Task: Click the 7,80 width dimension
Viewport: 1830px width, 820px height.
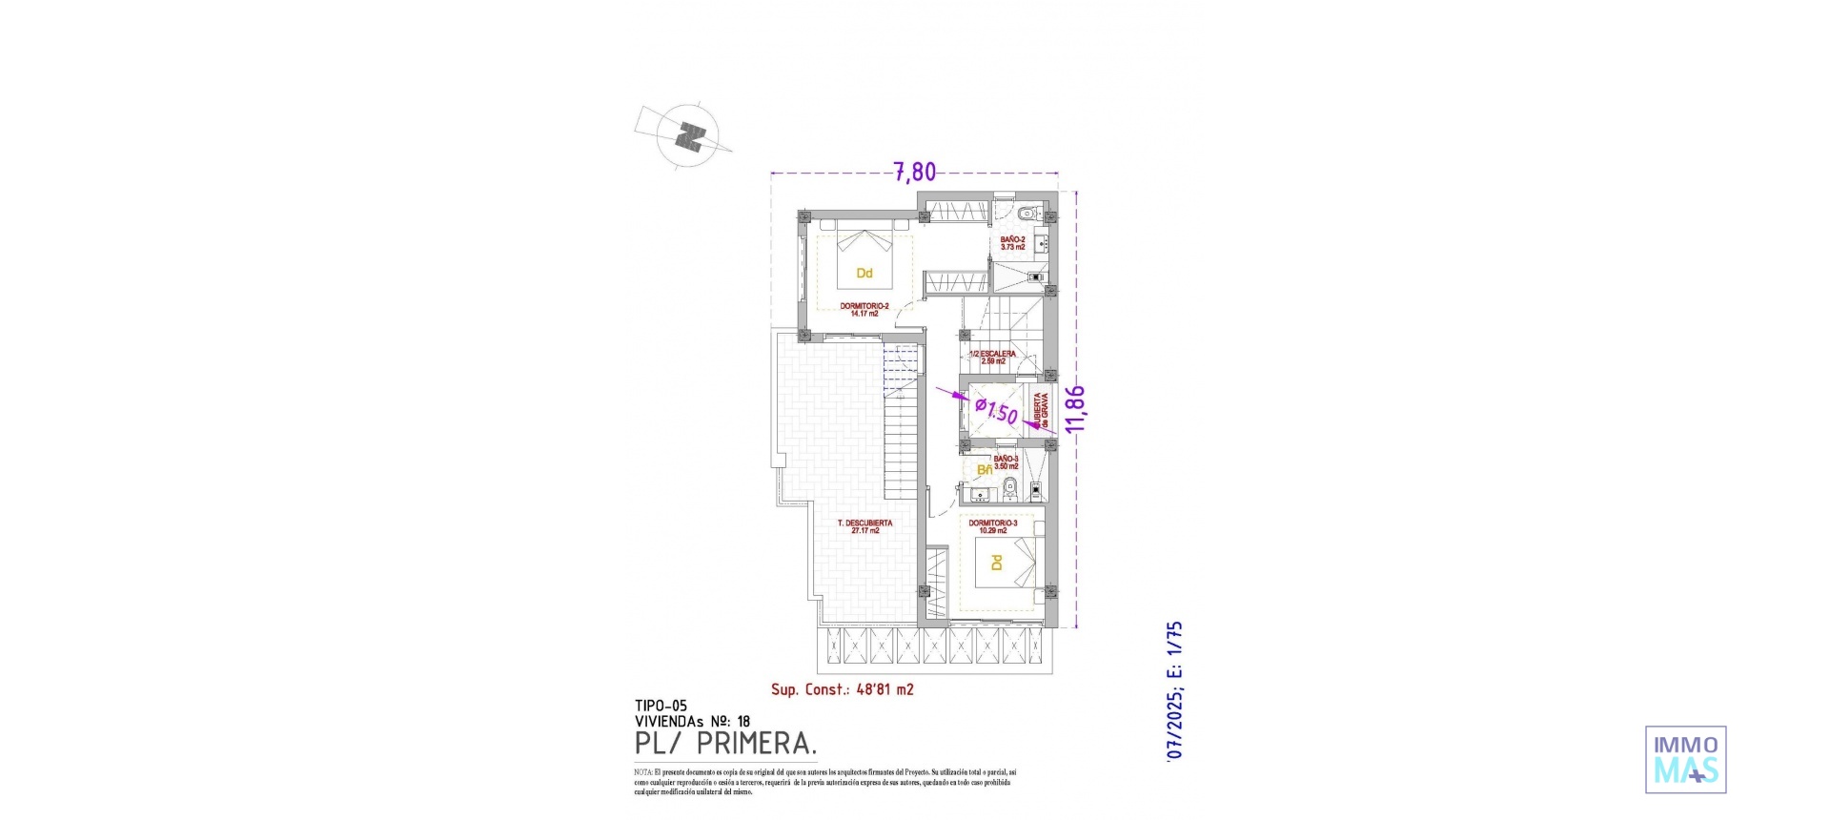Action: coord(914,173)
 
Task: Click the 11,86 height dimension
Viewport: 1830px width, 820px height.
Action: coord(1076,409)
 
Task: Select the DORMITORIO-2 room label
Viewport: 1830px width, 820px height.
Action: coord(864,309)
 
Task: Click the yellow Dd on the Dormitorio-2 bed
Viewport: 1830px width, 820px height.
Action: coord(864,274)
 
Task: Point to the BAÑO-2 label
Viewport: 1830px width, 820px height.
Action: coord(1013,243)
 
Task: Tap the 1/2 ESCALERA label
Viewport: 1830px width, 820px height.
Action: coord(992,358)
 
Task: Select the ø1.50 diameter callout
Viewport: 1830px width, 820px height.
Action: coord(996,412)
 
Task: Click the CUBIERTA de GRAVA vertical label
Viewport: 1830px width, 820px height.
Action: coord(1041,410)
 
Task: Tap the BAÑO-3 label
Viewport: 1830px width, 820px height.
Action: coord(1006,462)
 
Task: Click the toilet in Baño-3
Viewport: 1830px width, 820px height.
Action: coord(1012,491)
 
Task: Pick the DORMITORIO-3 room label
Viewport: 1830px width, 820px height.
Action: coord(992,526)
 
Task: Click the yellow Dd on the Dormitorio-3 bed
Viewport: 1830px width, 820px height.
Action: coord(997,563)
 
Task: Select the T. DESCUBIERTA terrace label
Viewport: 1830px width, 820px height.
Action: coord(864,526)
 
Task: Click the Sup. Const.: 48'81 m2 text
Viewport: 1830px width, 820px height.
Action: coord(842,689)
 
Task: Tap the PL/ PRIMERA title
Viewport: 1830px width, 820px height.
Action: coord(725,743)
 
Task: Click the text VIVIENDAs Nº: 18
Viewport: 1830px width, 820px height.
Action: coord(692,722)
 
